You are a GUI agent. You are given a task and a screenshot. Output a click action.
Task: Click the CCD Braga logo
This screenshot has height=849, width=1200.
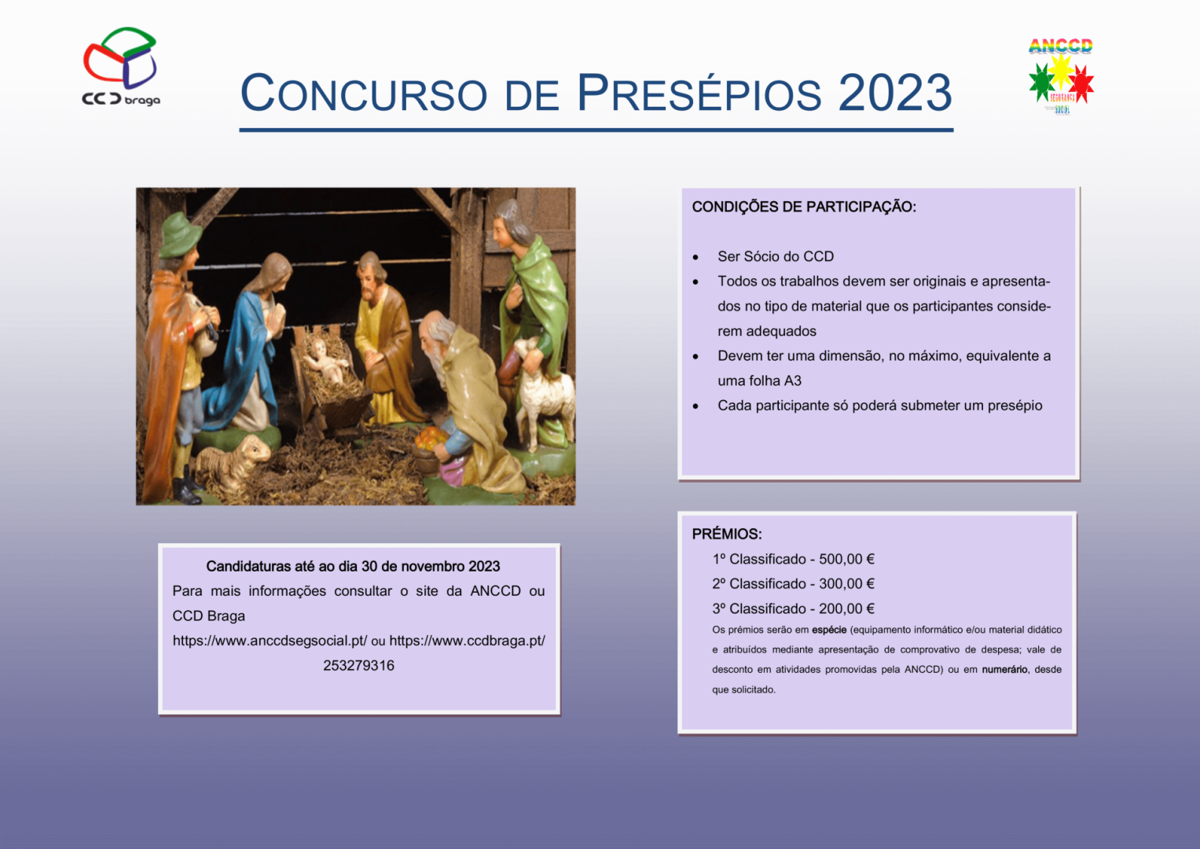point(120,66)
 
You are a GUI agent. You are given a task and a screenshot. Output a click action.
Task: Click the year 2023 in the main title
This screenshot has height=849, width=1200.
point(894,93)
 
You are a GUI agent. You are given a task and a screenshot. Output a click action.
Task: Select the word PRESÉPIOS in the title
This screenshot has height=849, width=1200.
point(699,93)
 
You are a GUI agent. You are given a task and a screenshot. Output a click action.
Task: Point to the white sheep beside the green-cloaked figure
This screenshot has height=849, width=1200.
point(541,391)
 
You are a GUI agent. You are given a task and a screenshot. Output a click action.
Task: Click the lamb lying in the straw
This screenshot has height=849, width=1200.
point(234,461)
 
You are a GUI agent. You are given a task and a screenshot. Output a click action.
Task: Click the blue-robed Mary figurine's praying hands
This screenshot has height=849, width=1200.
point(277,320)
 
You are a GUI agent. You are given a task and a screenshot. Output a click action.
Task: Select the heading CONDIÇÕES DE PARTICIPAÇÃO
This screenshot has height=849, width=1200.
point(804,207)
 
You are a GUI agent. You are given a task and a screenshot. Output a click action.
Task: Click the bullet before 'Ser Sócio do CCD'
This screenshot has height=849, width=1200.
point(695,258)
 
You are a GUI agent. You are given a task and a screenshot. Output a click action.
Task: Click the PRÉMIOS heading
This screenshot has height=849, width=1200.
point(726,534)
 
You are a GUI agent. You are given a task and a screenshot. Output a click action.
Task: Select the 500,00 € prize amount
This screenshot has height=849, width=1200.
point(846,560)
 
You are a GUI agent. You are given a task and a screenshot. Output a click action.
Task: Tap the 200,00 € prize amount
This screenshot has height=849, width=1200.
point(846,609)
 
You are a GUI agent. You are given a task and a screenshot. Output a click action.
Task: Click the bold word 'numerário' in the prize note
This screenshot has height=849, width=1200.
point(1004,670)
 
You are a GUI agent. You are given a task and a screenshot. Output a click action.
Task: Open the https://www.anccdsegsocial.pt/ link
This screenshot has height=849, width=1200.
point(270,641)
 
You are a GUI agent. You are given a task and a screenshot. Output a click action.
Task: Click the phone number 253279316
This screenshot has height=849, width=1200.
point(358,666)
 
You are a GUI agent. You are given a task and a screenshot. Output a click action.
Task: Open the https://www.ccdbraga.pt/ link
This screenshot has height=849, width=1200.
point(467,641)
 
